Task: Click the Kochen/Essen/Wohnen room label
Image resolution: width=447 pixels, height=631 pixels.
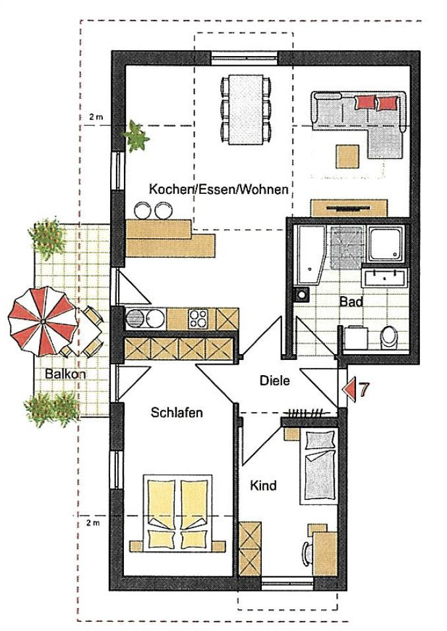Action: tap(219, 189)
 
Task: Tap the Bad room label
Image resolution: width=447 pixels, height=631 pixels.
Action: tap(351, 301)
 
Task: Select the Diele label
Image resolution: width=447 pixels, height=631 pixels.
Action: tap(275, 380)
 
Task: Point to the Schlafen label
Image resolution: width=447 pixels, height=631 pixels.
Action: tap(177, 413)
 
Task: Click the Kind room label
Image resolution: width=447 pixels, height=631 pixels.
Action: tap(264, 486)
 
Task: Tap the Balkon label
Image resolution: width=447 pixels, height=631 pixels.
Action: tap(65, 373)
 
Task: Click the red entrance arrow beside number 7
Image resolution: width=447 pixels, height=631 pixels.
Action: tap(348, 390)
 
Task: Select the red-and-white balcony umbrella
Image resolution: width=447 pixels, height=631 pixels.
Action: tap(43, 322)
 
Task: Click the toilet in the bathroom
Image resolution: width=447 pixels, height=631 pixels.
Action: tap(389, 337)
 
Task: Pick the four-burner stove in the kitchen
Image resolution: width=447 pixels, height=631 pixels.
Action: tap(198, 318)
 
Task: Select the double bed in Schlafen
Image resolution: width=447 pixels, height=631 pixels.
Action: tap(177, 514)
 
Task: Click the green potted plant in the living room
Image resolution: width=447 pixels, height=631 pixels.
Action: tap(136, 136)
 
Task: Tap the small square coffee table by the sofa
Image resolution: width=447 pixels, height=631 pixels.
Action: tap(348, 156)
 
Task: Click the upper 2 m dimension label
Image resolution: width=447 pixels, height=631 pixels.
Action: tap(96, 117)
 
